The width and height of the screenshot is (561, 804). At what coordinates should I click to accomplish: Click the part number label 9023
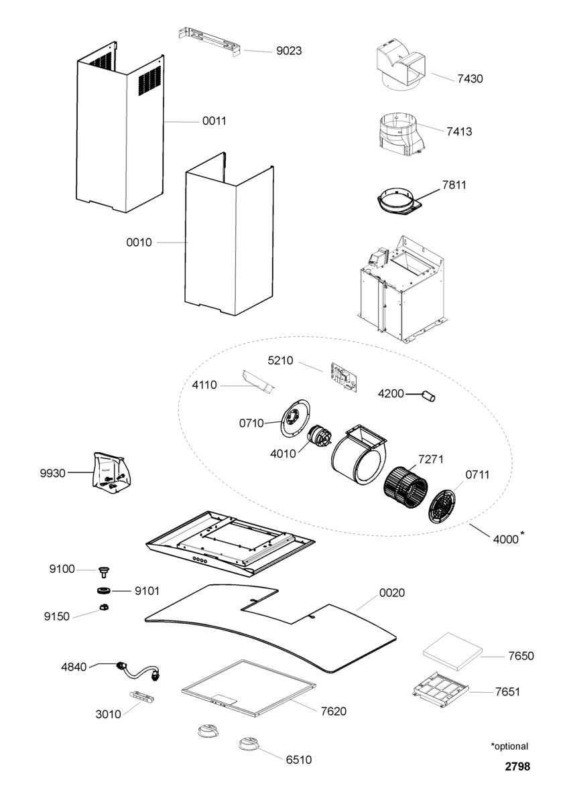pos(289,50)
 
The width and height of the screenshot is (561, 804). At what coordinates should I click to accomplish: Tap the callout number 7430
pos(470,79)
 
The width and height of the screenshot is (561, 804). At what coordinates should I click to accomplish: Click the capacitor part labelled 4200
pos(428,397)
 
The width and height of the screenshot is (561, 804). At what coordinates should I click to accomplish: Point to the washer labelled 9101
pos(103,591)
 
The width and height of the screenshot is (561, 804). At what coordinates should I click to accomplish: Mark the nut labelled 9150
pos(104,607)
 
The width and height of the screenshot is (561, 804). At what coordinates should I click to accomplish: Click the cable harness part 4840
pos(140,671)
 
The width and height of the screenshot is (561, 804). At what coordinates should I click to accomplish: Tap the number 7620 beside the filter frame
pos(334,711)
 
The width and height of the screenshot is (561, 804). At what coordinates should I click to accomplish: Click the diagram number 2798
pos(517,766)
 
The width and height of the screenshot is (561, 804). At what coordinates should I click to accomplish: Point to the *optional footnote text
pos(509,746)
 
